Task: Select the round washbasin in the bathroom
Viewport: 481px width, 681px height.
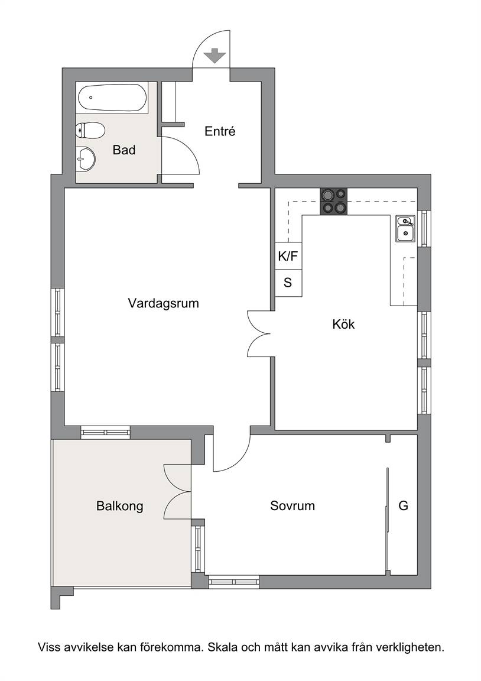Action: pos(86,158)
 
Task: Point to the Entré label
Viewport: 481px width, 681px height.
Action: pos(220,131)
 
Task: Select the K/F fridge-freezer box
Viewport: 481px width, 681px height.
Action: pos(288,256)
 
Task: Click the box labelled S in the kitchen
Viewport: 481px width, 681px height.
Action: pos(288,283)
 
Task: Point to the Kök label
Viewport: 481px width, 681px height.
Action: pos(343,324)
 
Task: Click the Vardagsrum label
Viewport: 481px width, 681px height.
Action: pos(164,303)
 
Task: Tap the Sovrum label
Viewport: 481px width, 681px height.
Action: pos(292,505)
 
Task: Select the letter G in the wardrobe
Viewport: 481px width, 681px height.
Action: pos(403,505)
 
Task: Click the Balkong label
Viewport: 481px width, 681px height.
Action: pos(120,506)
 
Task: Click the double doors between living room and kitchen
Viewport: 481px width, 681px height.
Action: pos(259,333)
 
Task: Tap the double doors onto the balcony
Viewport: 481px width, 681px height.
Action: pos(177,492)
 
